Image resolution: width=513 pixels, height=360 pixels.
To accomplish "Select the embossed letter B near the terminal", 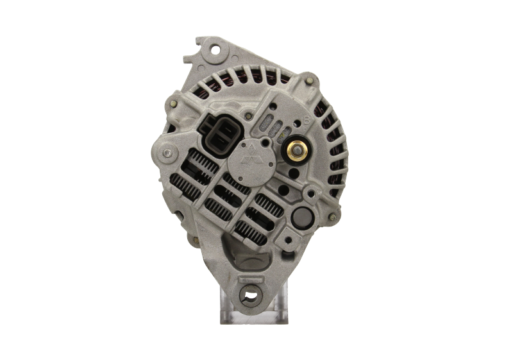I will pyautogui.click(x=307, y=118).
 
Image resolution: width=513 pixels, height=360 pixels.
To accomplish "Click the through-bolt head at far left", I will pyautogui.click(x=168, y=152).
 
